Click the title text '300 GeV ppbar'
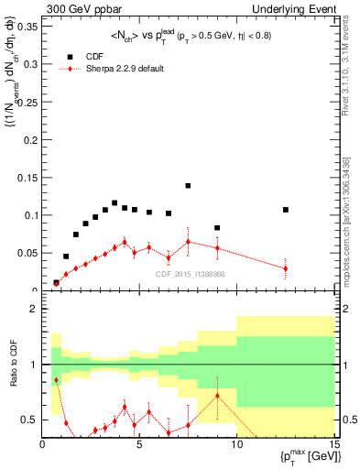[74, 7]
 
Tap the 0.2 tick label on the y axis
[30, 140]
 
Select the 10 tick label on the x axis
[236, 444]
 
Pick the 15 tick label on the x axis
[333, 444]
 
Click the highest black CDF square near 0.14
[188, 186]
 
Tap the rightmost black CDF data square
[286, 210]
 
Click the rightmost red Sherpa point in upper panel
[286, 268]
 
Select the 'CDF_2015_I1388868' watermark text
[191, 274]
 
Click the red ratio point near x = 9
[217, 396]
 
